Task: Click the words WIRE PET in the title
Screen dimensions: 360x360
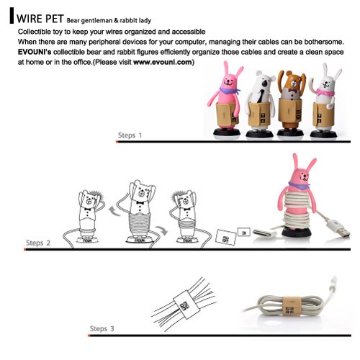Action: tap(40, 19)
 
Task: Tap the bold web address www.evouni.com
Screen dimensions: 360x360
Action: tap(163, 62)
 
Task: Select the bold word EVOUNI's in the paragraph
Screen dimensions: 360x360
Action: tap(35, 52)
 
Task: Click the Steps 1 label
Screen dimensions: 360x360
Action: tap(130, 135)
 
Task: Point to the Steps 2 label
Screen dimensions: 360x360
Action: tap(38, 243)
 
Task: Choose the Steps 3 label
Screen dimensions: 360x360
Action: tap(102, 328)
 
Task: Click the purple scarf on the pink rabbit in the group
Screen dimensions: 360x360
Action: tap(229, 91)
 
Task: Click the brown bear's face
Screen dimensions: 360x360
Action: tap(292, 82)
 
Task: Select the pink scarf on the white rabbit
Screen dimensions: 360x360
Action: tap(325, 92)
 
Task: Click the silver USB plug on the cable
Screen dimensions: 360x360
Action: tap(343, 233)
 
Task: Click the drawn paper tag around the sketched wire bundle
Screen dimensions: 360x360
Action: tap(186, 305)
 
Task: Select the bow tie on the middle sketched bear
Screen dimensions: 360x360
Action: tap(140, 203)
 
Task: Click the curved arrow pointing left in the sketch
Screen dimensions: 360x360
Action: tap(115, 211)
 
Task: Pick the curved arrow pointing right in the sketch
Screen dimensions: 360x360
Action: tap(161, 230)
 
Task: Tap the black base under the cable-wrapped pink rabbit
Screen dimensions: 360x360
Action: tap(297, 233)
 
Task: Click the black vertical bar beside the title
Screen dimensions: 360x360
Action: tap(12, 16)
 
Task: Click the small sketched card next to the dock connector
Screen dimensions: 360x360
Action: tap(244, 233)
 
